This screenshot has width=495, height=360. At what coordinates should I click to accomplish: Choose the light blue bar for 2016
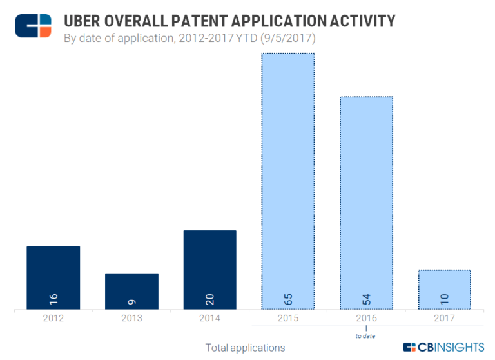[366, 200]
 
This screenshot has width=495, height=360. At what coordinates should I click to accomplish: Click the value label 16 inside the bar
[53, 299]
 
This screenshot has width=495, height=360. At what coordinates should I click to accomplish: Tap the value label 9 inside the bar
[131, 301]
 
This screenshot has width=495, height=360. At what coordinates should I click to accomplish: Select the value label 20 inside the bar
[209, 299]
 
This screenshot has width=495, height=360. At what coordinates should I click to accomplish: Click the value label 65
[287, 299]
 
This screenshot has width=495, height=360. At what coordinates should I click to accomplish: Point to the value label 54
[366, 299]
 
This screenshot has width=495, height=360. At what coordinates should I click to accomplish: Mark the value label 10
[444, 299]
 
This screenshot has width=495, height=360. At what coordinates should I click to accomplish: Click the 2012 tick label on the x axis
[53, 318]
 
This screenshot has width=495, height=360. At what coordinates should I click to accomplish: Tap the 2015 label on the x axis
[287, 318]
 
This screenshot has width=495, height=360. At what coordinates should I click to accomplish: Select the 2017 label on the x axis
[444, 318]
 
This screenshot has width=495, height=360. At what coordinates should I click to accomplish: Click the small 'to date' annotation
[365, 335]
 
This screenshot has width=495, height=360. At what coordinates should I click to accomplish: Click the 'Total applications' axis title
[245, 348]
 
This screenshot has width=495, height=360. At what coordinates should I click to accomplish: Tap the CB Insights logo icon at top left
[34, 26]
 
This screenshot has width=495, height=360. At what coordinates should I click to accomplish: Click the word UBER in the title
[86, 21]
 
